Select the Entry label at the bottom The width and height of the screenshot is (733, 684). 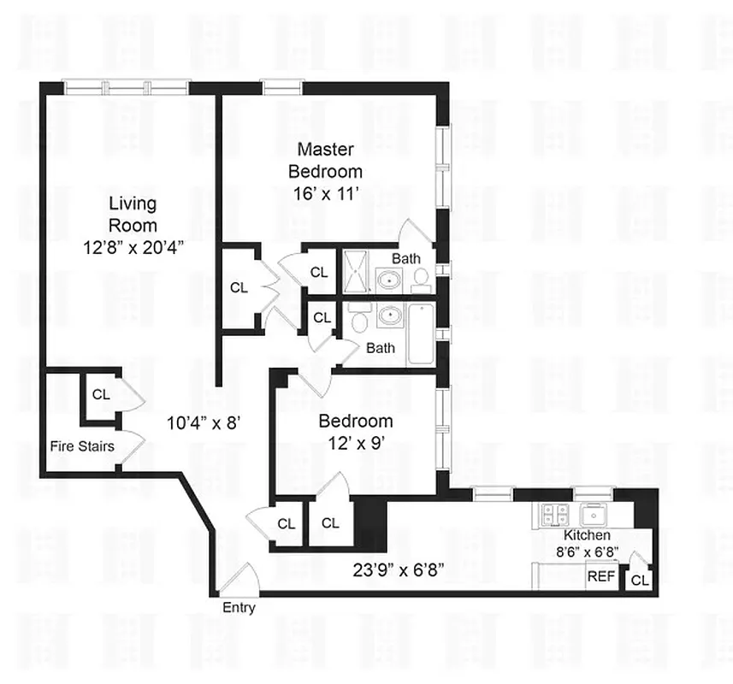pos(239,608)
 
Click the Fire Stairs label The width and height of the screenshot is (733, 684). pos(81,445)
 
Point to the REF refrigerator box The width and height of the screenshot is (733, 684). pos(600,577)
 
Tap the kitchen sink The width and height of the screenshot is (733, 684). pos(593,515)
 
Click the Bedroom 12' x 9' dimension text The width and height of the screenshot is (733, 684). pos(356,443)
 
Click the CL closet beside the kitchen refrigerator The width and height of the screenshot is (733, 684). pos(639,581)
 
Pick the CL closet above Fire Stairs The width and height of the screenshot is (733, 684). pos(101,394)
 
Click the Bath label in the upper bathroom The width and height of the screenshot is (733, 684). pos(406,257)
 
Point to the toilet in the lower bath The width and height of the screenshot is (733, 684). pos(359,322)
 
